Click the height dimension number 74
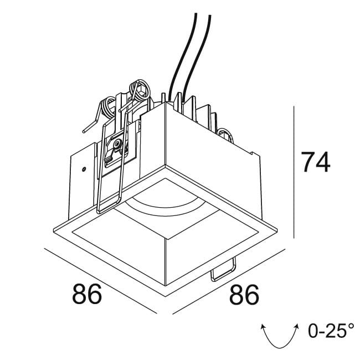315,162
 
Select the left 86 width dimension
87,294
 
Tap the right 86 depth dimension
243,294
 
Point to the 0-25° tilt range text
331,331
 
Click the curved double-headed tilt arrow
280,334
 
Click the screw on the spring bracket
116,145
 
